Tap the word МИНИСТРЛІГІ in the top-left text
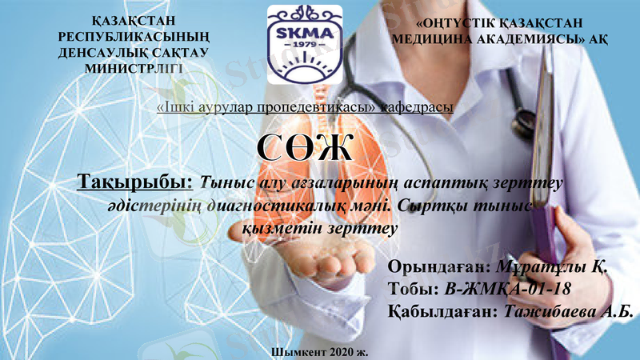pyautogui.click(x=134, y=69)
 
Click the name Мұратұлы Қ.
pyautogui.click(x=552, y=267)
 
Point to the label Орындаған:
pyautogui.click(x=436, y=267)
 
